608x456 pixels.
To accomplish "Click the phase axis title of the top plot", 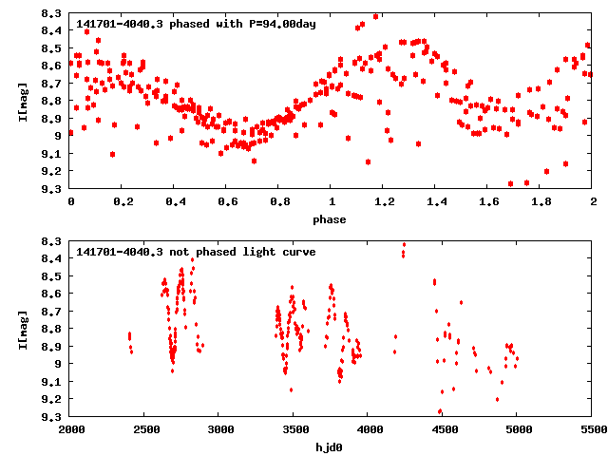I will pyautogui.click(x=332, y=219).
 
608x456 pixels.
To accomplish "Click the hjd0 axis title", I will pyautogui.click(x=332, y=447).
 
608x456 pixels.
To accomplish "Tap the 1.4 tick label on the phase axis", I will pyautogui.click(x=436, y=202).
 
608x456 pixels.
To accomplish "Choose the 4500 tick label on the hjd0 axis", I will pyautogui.click(x=444, y=430).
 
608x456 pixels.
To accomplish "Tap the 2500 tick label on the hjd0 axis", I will pyautogui.click(x=145, y=430).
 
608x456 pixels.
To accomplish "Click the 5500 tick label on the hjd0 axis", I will pyautogui.click(x=592, y=430).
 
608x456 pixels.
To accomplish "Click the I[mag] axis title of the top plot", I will pyautogui.click(x=23, y=101).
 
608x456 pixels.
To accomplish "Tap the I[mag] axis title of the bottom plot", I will pyautogui.click(x=23, y=329).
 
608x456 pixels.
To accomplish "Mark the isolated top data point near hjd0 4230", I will pyautogui.click(x=404, y=245).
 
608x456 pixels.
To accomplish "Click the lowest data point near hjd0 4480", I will pyautogui.click(x=440, y=411).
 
